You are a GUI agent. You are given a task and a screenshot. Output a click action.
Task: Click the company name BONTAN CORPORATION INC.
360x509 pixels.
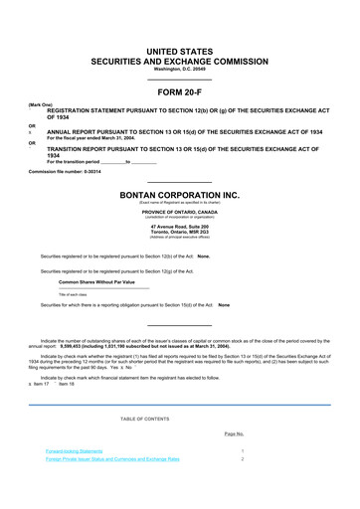pos(179,195)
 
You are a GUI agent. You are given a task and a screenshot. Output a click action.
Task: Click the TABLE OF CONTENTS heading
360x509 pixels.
pos(179,418)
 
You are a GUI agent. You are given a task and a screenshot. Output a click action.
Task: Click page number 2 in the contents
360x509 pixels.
pos(242,458)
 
